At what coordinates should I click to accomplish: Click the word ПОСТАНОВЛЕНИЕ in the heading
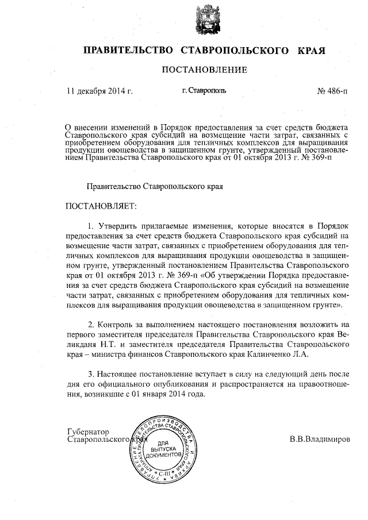click(204, 71)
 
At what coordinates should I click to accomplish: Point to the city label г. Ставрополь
click(204, 91)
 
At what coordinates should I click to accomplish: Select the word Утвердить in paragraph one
click(116, 224)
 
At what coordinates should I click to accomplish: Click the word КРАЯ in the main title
click(311, 50)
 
